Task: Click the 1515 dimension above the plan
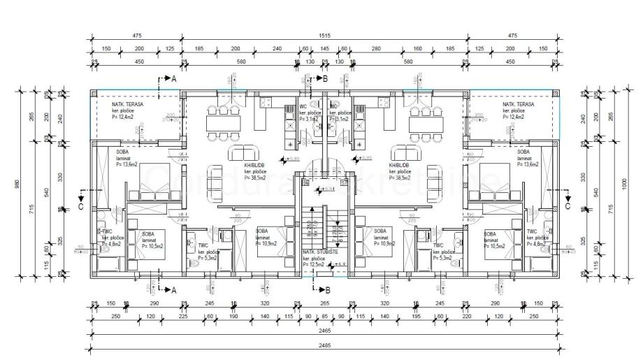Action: coord(324,36)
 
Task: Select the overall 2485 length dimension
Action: coord(324,345)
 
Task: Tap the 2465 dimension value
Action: coord(324,332)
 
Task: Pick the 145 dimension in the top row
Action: coord(324,50)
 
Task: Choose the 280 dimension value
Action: coord(375,50)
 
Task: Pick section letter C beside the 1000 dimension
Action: coord(568,206)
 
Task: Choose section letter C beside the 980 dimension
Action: coord(81,206)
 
